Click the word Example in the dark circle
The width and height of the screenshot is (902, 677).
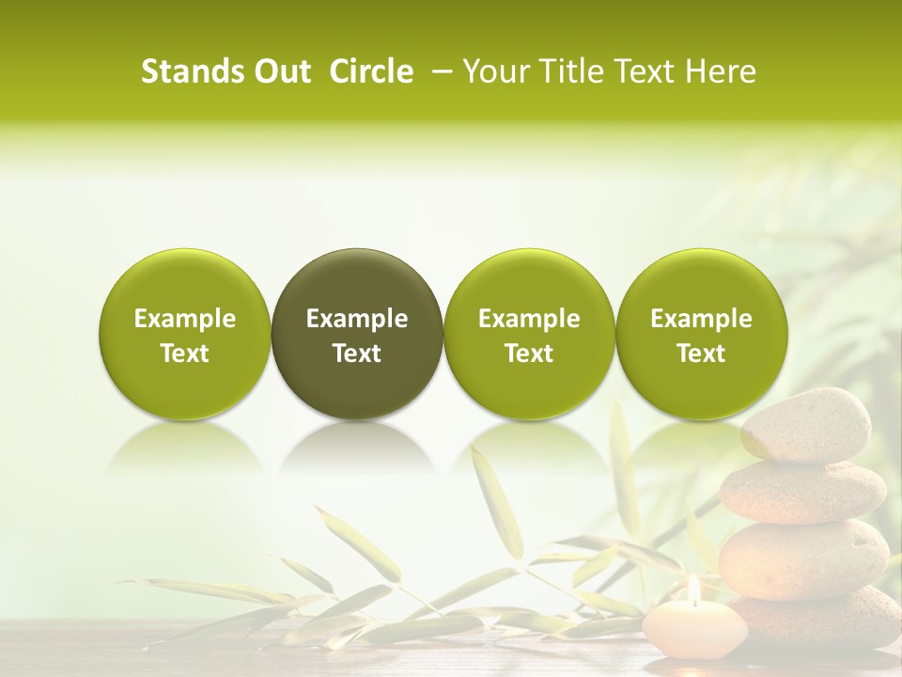[x=357, y=319]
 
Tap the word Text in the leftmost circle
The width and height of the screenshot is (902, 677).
[x=185, y=354]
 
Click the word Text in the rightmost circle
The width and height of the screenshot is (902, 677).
[x=701, y=354]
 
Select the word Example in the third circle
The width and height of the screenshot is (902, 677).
[x=529, y=319]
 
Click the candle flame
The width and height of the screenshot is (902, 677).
[x=693, y=589]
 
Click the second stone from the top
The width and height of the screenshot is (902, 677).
[x=803, y=491]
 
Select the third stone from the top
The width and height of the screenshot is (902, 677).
[x=803, y=559]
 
